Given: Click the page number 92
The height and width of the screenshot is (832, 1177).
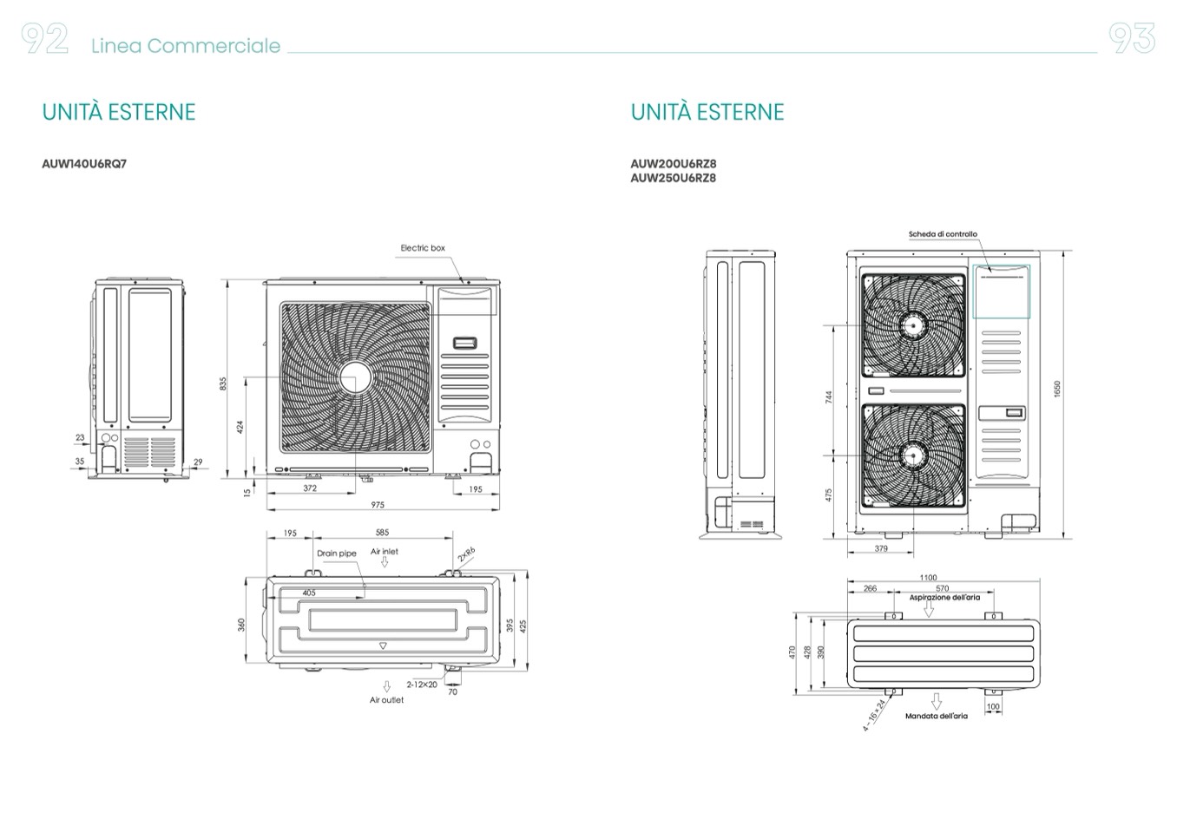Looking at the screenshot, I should pos(45,39).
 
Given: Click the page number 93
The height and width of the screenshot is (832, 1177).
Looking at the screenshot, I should pos(1132,39).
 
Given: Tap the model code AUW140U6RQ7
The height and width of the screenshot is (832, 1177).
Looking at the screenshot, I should pos(84,163).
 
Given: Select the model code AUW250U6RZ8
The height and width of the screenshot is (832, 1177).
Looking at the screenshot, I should pos(674,178).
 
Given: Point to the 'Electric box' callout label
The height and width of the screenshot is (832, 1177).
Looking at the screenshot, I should pos(423,248).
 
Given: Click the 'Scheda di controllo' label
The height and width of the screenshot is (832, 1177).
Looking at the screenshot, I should pos(943,234).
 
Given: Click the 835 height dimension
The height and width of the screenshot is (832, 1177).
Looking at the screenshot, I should pos(223,383).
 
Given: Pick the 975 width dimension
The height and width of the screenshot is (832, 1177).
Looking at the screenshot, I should pos(378,505).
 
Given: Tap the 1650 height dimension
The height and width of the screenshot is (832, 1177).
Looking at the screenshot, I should pos(1057,389).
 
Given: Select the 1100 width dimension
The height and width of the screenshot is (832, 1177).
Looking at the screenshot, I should pos(928,577).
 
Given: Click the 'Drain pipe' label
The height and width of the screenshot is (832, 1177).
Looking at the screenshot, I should pos(337,554).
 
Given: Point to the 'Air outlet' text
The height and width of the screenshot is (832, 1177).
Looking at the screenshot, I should pos(386,700).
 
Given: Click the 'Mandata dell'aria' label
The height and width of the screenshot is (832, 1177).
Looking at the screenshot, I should pos(936,717).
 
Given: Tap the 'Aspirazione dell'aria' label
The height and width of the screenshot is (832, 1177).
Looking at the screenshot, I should pos(944,598).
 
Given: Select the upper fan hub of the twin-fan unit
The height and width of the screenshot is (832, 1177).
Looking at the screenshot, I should pos(912,325).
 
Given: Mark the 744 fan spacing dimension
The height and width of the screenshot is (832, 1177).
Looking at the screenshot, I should pos(829,396).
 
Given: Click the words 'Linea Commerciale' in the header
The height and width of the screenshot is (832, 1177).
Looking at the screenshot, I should pos(186,46).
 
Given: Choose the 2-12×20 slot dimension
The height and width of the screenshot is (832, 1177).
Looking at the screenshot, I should pos(422,685).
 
